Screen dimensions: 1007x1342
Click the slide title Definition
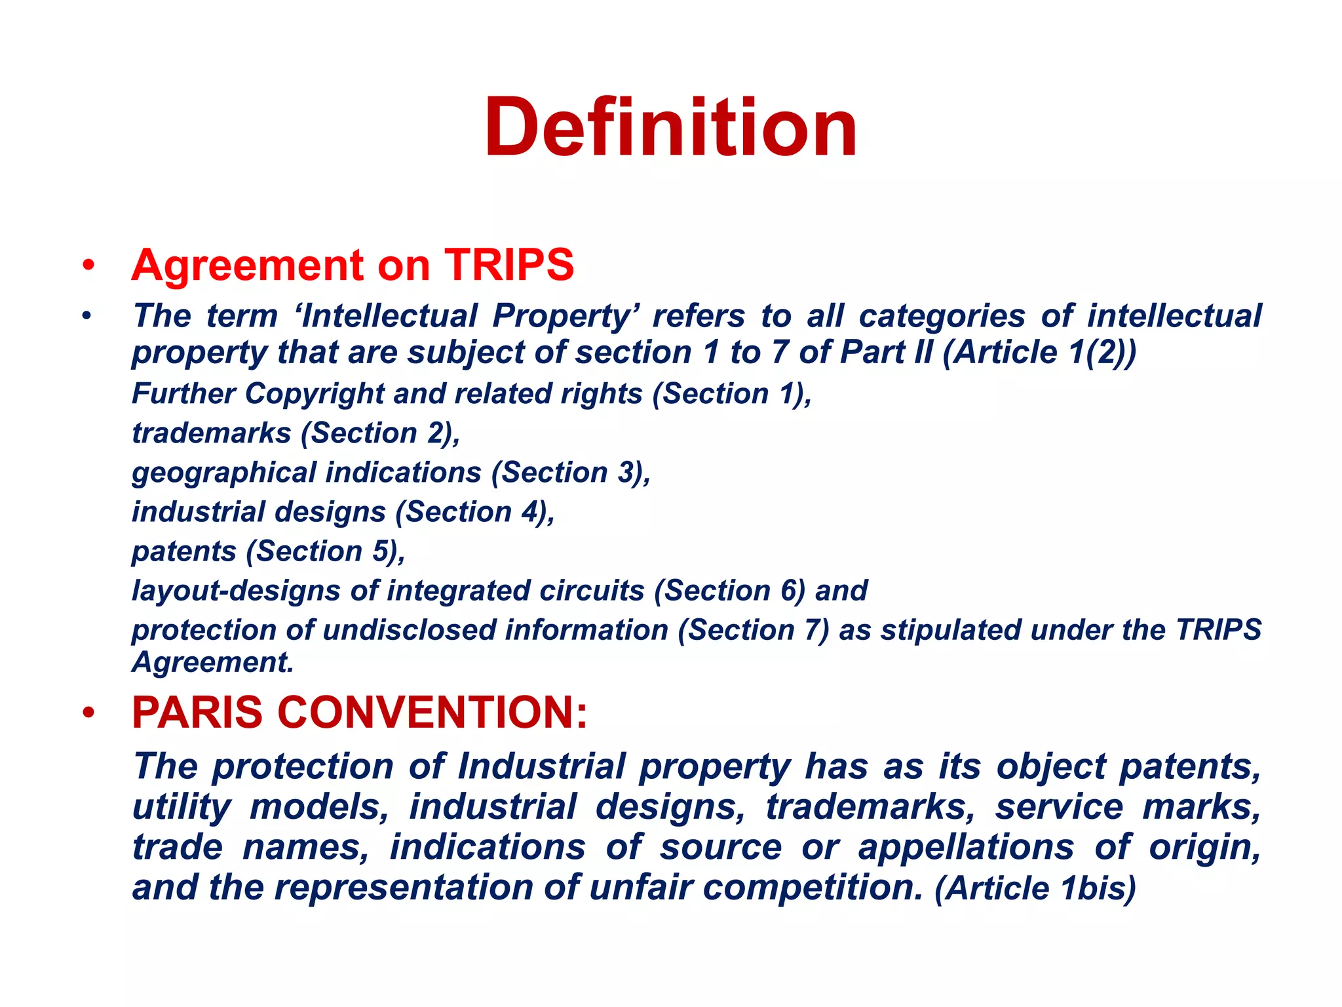coord(670,128)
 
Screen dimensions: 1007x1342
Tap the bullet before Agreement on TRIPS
coord(88,266)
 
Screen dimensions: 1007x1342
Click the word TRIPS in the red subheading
coord(509,266)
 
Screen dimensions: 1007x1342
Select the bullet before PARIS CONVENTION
coord(88,713)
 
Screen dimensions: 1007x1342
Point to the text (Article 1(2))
coord(1039,353)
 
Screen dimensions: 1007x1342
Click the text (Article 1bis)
coord(1035,889)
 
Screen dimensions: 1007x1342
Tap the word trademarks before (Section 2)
coord(211,433)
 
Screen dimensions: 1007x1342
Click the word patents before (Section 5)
coord(183,551)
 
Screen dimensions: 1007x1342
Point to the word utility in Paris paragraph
coord(182,808)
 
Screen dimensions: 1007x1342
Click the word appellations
coord(966,848)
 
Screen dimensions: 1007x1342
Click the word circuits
coord(592,591)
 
